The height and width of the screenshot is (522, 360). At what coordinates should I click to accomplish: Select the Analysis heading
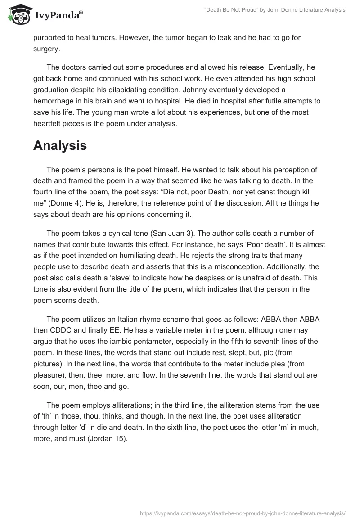click(60, 145)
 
